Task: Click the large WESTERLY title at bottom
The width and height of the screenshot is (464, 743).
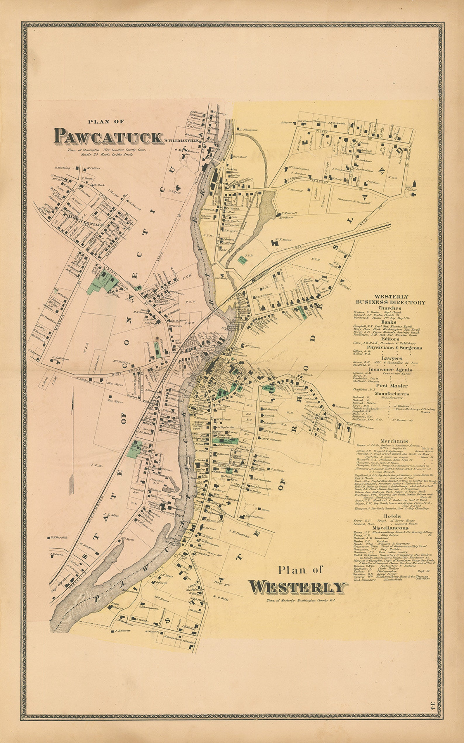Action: [x=297, y=587]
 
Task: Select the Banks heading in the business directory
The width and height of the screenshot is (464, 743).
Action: [x=389, y=322]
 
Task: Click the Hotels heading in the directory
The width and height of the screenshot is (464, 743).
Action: [x=392, y=516]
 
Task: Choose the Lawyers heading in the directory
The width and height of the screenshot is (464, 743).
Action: [x=392, y=358]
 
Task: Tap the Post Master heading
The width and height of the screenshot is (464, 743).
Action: [x=392, y=386]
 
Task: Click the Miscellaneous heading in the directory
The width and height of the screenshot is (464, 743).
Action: [x=390, y=528]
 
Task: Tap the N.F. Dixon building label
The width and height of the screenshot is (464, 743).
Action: [x=283, y=240]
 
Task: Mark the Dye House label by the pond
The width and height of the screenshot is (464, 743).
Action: [x=286, y=217]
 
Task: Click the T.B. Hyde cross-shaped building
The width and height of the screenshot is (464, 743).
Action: [x=178, y=188]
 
